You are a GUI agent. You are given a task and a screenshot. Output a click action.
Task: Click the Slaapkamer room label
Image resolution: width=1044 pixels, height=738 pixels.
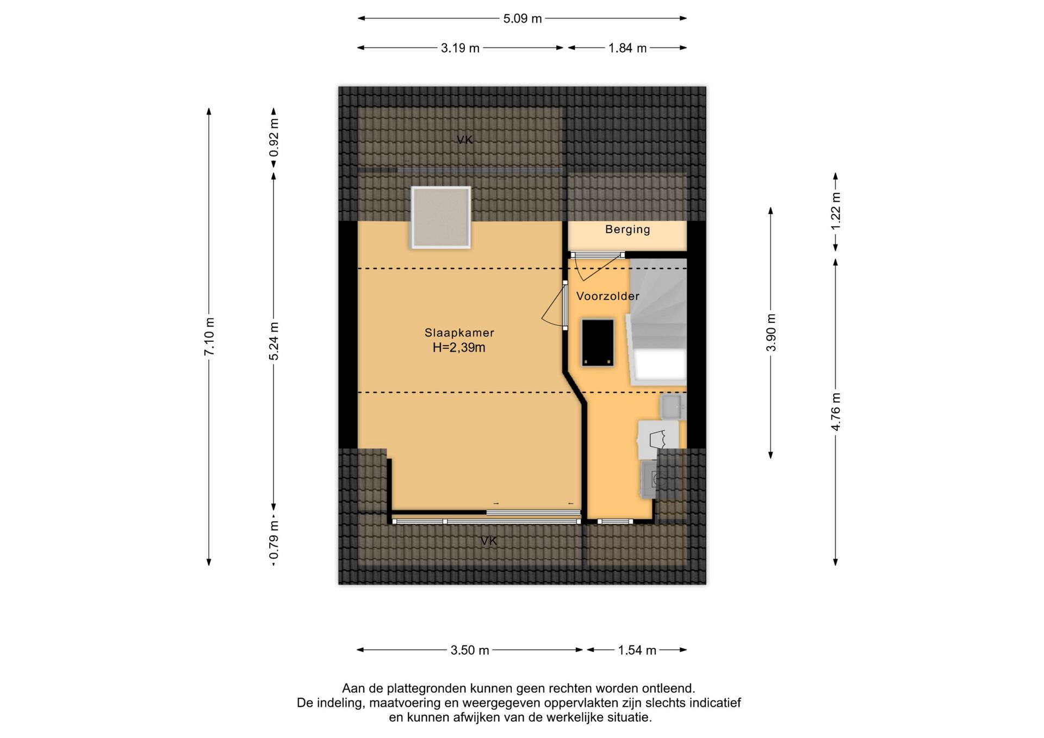pos(459,333)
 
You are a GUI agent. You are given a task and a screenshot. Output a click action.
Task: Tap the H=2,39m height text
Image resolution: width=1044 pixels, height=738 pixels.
pos(459,348)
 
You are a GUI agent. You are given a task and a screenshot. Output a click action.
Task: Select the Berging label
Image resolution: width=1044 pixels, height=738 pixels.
pos(627,229)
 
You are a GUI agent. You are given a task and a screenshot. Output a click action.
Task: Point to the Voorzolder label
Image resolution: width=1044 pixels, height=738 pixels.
pos(608,296)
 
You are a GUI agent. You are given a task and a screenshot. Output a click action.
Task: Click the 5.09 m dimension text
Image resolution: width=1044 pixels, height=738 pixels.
pos(522,18)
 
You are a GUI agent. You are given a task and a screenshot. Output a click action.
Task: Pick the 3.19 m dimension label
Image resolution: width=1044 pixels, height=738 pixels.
pos(460,48)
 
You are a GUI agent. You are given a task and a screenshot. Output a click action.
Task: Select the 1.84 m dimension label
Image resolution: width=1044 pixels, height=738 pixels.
pos(627,48)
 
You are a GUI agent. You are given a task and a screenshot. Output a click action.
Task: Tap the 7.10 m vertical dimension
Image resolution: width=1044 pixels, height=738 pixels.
pos(209,337)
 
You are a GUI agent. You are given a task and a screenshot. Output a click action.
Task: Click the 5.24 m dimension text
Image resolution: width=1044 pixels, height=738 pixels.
pos(274,341)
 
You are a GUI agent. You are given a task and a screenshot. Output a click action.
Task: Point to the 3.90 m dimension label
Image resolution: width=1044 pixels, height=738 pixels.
pos(771,332)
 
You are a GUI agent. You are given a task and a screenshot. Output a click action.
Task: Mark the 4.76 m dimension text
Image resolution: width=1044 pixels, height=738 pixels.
pos(836,411)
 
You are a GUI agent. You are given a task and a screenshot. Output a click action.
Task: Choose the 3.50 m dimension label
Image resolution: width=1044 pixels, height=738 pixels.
pos(470,650)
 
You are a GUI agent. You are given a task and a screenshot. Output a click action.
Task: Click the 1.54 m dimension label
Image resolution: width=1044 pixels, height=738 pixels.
pos(637,650)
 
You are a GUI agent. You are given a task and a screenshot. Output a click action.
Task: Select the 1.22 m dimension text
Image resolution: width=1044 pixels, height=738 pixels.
pos(836,211)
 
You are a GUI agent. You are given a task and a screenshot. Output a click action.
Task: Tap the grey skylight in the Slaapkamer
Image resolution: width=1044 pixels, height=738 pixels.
pos(441,217)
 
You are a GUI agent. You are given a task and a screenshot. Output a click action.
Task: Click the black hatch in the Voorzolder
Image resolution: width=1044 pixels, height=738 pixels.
pos(598,342)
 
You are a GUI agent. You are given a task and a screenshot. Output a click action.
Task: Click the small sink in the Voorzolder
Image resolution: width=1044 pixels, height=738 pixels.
pos(673,406)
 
